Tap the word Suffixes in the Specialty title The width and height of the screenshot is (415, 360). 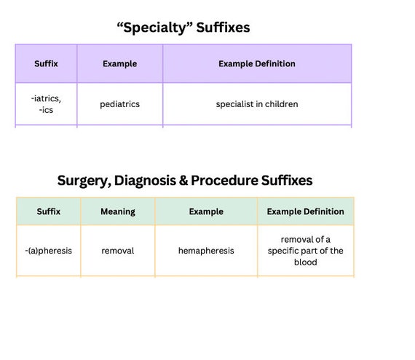pyautogui.click(x=223, y=28)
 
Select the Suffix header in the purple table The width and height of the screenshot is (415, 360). pyautogui.click(x=46, y=63)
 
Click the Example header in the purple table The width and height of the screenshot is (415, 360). pyautogui.click(x=120, y=64)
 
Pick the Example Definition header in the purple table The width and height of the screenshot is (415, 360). pyautogui.click(x=257, y=63)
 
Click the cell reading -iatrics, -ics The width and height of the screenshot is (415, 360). pyautogui.click(x=46, y=104)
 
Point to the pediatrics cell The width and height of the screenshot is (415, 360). pyautogui.click(x=120, y=104)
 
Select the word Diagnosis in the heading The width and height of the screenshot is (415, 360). pyautogui.click(x=145, y=181)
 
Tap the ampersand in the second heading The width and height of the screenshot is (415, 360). pyautogui.click(x=183, y=181)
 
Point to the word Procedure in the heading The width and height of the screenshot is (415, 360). pyautogui.click(x=224, y=181)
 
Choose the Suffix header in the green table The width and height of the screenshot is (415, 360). pyautogui.click(x=49, y=211)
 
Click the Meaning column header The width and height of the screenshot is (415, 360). pyautogui.click(x=118, y=211)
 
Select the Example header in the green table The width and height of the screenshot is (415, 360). pyautogui.click(x=206, y=211)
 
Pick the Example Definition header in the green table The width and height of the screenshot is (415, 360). pyautogui.click(x=306, y=211)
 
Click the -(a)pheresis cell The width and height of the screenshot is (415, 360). pyautogui.click(x=49, y=251)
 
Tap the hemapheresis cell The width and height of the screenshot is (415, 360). pyautogui.click(x=206, y=251)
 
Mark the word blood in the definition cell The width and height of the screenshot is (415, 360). pyautogui.click(x=306, y=262)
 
